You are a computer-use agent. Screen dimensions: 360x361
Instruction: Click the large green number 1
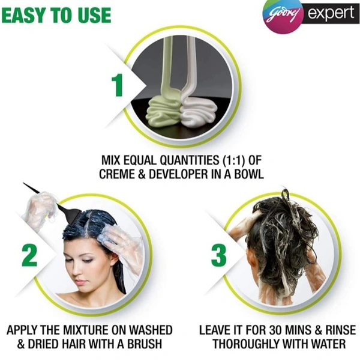[x=118, y=85]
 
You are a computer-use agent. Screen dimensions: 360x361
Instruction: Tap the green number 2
[x=29, y=255]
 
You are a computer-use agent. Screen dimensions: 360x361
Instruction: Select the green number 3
[x=219, y=255]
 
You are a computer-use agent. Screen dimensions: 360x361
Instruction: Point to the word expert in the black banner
[x=331, y=13]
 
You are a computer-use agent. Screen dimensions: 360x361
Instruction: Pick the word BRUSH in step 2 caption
[x=145, y=344]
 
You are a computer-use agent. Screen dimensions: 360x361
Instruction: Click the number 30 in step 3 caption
[x=275, y=330]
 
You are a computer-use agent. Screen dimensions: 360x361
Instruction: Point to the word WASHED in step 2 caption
[x=150, y=330]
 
